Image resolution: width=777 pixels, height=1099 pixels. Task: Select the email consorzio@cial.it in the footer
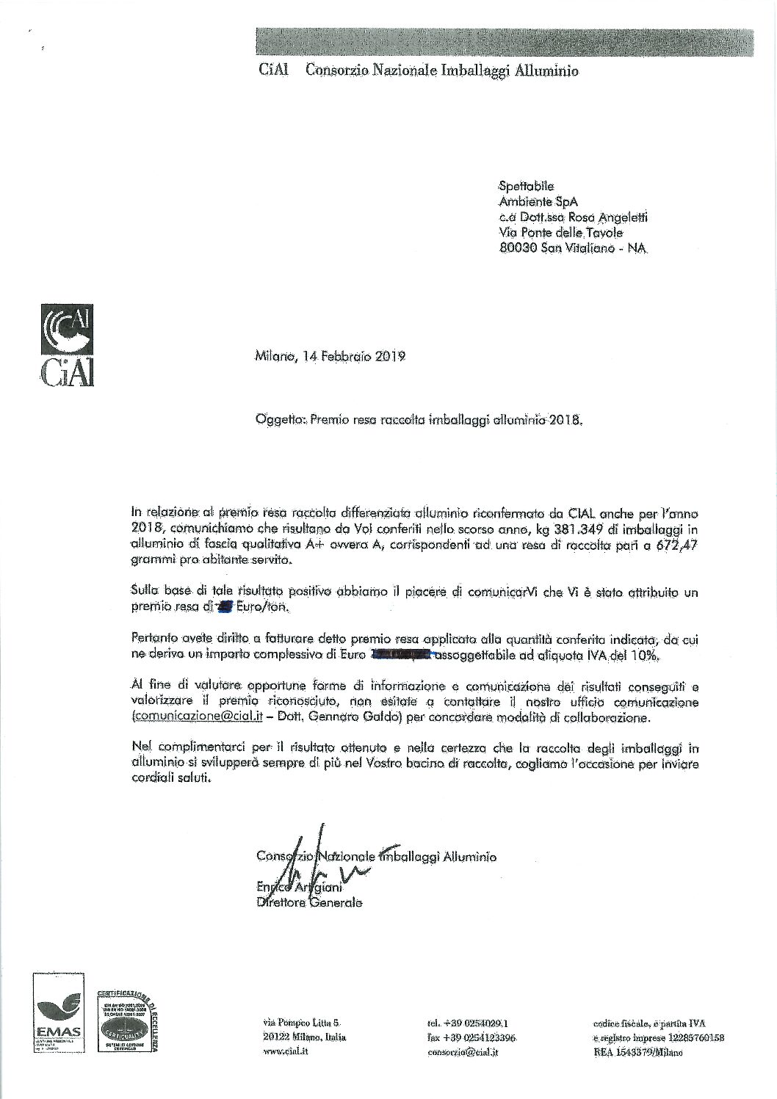click(x=463, y=1052)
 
